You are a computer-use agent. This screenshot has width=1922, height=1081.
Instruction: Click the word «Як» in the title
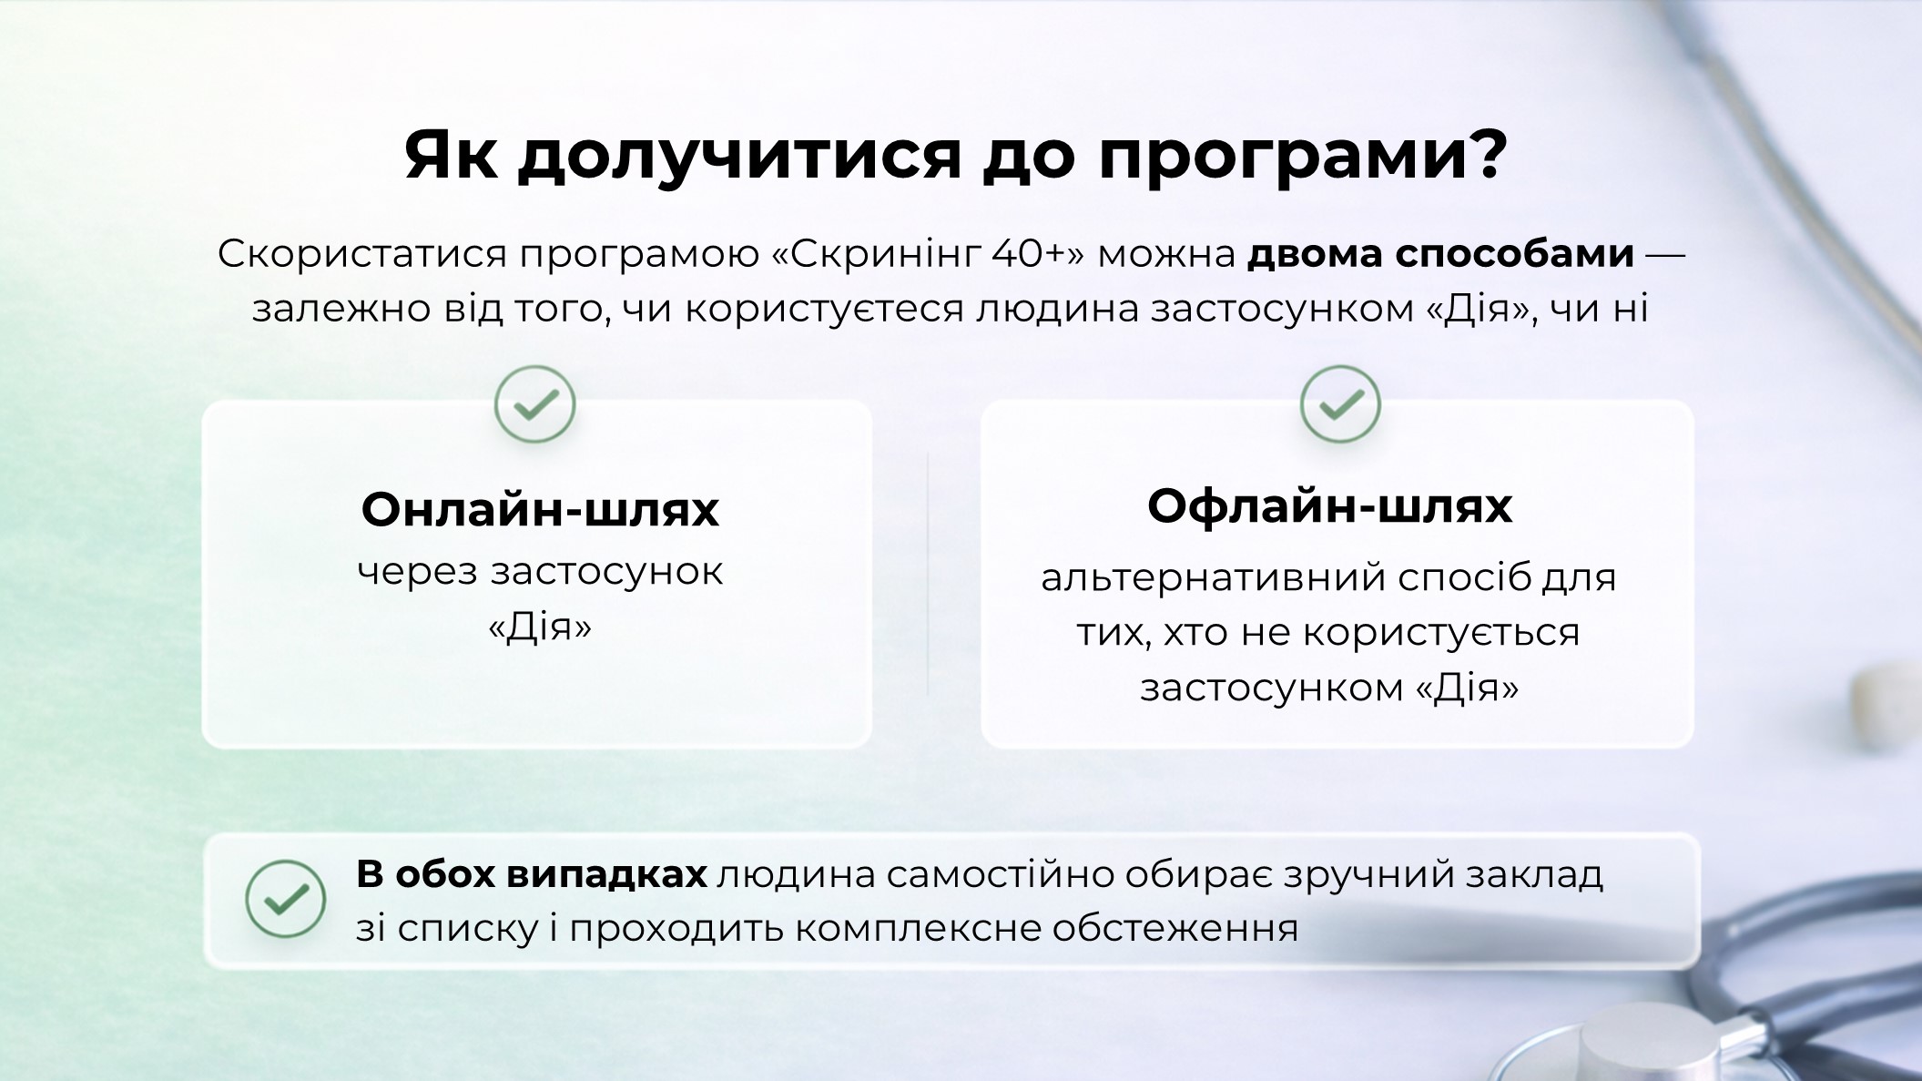point(452,155)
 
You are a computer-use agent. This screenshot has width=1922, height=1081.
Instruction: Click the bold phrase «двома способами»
point(1440,255)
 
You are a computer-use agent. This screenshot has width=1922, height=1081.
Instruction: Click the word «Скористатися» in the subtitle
point(361,255)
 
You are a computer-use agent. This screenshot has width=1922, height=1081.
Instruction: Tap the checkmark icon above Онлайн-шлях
point(535,404)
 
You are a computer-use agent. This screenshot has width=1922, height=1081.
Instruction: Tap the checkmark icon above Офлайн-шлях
point(1340,404)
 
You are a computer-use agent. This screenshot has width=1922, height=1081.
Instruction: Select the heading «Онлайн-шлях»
point(540,509)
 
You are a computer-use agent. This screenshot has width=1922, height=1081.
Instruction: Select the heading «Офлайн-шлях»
point(1329,505)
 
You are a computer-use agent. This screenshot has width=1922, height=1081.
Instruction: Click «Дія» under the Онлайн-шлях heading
point(540,627)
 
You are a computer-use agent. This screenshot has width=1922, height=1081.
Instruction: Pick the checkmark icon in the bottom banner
point(286,899)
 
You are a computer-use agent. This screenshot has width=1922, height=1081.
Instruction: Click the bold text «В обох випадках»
point(532,874)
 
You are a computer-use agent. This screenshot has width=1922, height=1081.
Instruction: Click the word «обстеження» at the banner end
point(1175,929)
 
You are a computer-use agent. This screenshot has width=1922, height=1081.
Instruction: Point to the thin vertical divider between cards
point(928,575)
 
